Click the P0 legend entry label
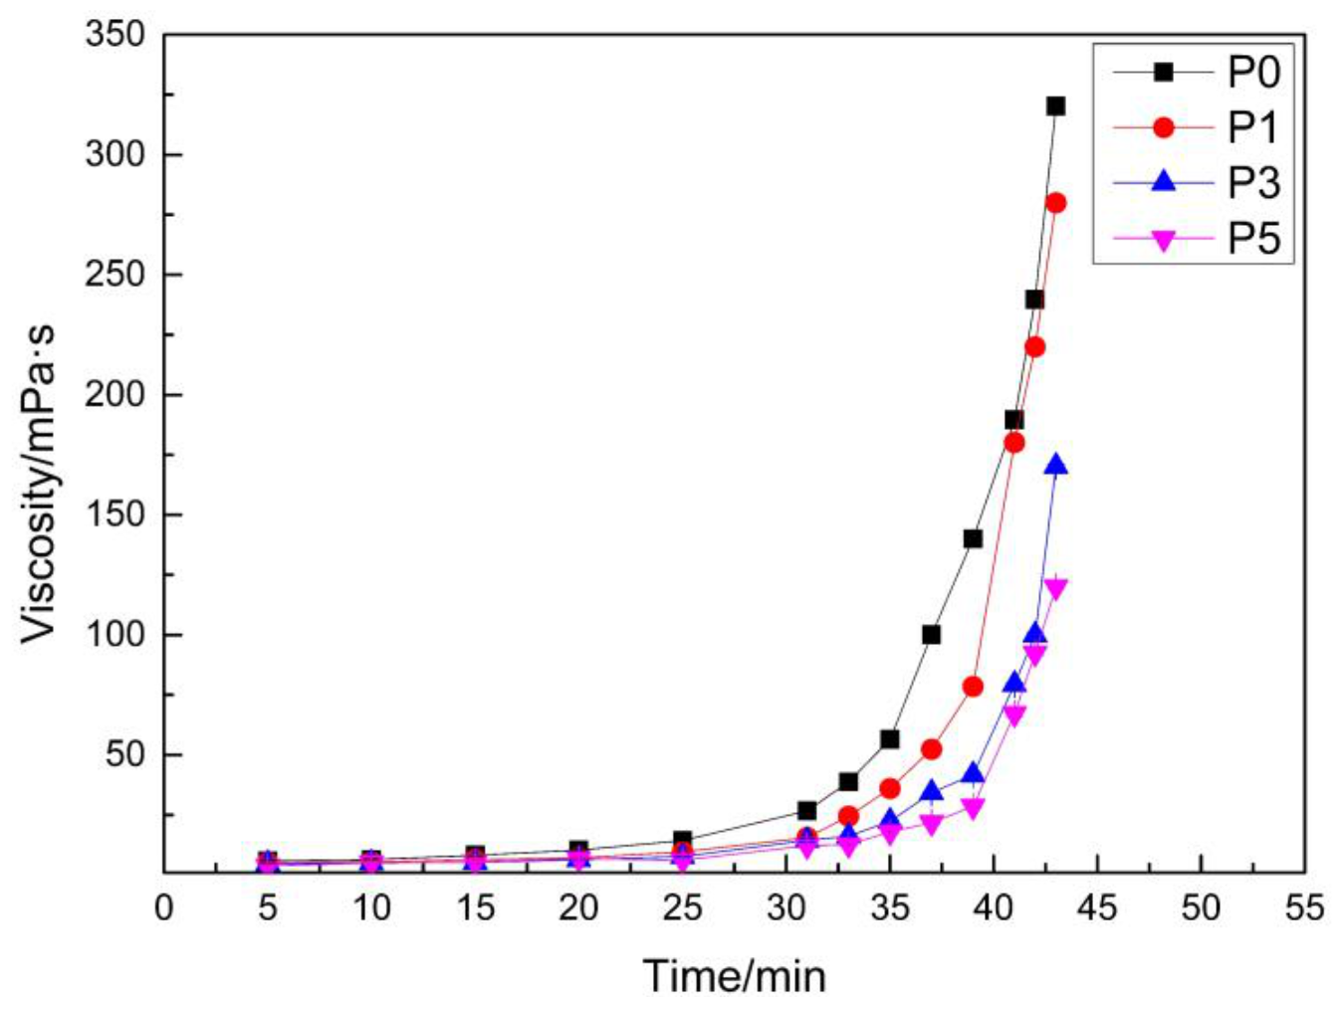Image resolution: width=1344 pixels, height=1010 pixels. pyautogui.click(x=1253, y=73)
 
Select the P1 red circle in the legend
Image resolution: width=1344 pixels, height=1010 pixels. pyautogui.click(x=1163, y=127)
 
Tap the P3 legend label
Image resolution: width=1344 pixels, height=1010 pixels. pyautogui.click(x=1253, y=183)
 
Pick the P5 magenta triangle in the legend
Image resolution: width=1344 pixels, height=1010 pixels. pyautogui.click(x=1163, y=240)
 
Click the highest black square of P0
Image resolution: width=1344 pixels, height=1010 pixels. pyautogui.click(x=1055, y=106)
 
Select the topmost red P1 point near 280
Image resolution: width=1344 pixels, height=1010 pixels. pyautogui.click(x=1055, y=203)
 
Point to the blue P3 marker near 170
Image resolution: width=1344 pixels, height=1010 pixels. pyautogui.click(x=1055, y=465)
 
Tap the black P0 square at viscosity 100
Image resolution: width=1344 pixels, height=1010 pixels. pyautogui.click(x=931, y=634)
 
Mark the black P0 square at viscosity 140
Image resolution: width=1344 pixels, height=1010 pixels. pyautogui.click(x=973, y=538)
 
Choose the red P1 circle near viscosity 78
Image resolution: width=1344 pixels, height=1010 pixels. pyautogui.click(x=973, y=687)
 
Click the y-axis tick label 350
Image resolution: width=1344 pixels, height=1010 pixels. pyautogui.click(x=115, y=35)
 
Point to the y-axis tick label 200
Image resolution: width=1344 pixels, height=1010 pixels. pyautogui.click(x=115, y=395)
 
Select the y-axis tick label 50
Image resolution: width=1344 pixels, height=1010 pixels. pyautogui.click(x=125, y=755)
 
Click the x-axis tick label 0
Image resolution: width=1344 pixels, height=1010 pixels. pyautogui.click(x=164, y=908)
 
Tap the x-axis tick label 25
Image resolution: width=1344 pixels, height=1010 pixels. pyautogui.click(x=682, y=908)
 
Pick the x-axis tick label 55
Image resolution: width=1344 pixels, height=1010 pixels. pyautogui.click(x=1304, y=908)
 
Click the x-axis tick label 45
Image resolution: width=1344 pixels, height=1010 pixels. pyautogui.click(x=1097, y=908)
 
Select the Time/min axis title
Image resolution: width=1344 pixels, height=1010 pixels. pyautogui.click(x=735, y=976)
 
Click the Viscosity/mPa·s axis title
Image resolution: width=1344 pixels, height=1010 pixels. pyautogui.click(x=40, y=482)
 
